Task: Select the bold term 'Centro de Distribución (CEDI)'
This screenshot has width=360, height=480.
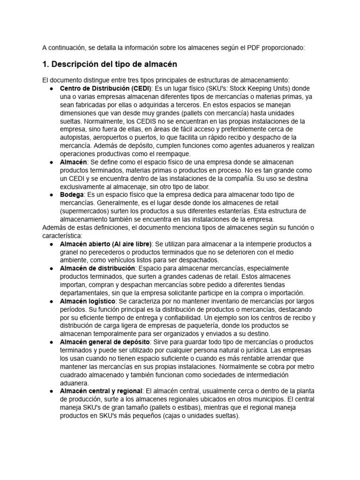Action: [105, 89]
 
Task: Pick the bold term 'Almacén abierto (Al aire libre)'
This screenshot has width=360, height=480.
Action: [106, 244]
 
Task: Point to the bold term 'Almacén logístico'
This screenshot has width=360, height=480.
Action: [89, 301]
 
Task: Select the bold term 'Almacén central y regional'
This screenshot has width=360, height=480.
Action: [101, 391]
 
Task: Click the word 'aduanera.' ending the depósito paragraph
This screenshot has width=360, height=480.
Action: [75, 382]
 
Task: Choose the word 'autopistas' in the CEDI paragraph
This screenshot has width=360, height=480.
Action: [76, 137]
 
